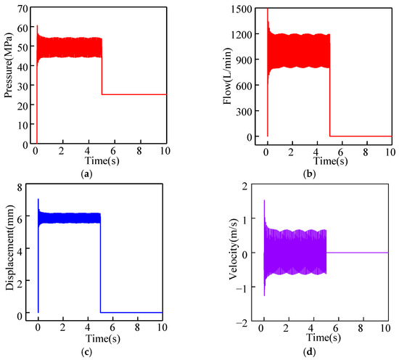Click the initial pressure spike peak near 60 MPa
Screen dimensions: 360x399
(37, 27)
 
